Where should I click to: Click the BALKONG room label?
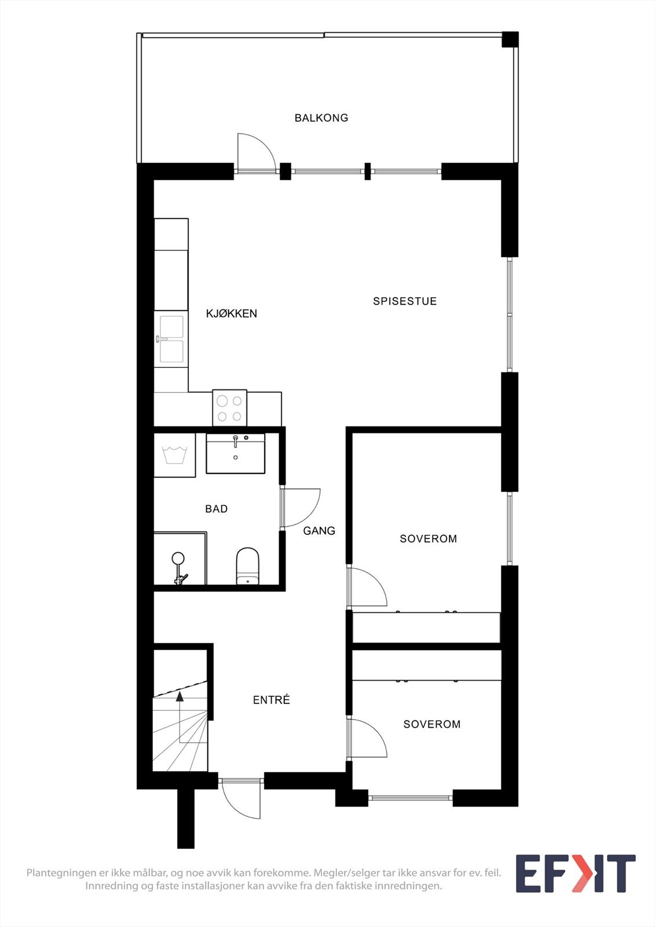point(321,118)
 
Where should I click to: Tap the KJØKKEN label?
point(232,313)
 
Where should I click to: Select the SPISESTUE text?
point(405,301)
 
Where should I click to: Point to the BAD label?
point(217,509)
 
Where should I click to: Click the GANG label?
point(319,530)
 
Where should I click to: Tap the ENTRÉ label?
point(272,700)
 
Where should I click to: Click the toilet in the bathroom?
point(247,567)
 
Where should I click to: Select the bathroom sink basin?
point(235,453)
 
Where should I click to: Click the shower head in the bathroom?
point(178,559)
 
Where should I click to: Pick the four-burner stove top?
point(230,408)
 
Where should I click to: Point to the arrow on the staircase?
point(180,696)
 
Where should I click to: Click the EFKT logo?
point(575,873)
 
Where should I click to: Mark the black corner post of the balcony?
point(510,39)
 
